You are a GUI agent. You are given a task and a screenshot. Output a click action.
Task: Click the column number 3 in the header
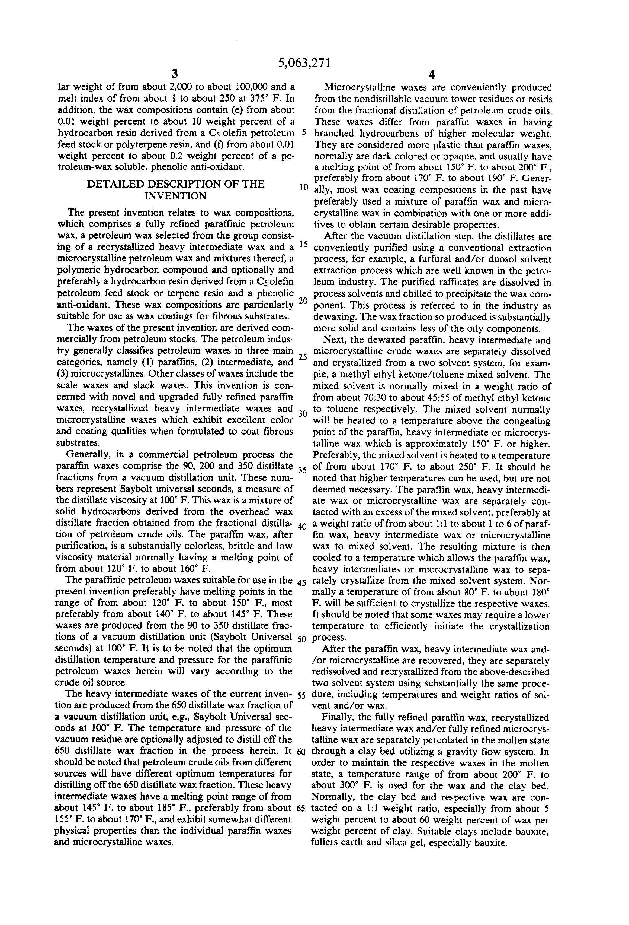[x=174, y=74]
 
